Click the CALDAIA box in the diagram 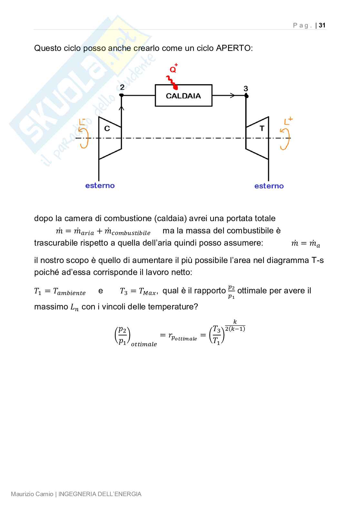183,95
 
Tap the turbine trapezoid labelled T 257,138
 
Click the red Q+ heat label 174,68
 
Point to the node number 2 122,87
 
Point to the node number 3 246,89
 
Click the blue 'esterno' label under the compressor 100,186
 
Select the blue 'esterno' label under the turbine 269,186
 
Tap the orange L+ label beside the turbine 288,121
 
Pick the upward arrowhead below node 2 122,108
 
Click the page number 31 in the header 322,25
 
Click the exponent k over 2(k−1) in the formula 235,326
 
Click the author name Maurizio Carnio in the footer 32,494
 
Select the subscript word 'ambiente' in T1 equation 71,293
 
